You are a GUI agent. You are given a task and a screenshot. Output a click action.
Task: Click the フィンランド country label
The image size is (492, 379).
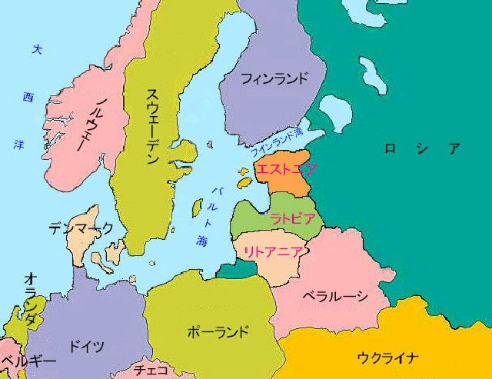(x=274, y=78)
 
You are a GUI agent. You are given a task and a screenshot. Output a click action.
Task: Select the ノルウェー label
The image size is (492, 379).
(x=97, y=126)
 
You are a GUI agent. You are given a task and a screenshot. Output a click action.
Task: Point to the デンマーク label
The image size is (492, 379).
(x=81, y=228)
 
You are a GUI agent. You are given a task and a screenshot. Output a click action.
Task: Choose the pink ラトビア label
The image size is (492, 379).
(x=292, y=219)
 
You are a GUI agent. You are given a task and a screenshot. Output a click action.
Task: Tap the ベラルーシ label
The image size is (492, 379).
(x=334, y=296)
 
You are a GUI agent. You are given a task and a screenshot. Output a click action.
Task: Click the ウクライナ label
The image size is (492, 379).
(x=388, y=357)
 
